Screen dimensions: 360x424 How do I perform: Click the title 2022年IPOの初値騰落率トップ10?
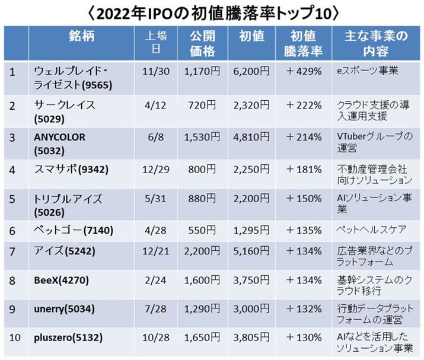pyautogui.click(x=212, y=12)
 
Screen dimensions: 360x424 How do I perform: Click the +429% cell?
pyautogui.click(x=304, y=71)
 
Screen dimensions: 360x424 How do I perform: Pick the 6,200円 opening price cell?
pyautogui.click(x=251, y=71)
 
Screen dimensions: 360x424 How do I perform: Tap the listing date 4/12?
pyautogui.click(x=155, y=105)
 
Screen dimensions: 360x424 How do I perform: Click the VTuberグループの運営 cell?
pyautogui.click(x=374, y=143)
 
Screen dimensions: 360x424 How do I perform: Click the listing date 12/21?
pyautogui.click(x=155, y=253)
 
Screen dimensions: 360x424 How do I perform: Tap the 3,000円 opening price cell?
pyautogui.click(x=251, y=309)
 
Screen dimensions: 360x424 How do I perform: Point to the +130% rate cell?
pyautogui.click(x=304, y=338)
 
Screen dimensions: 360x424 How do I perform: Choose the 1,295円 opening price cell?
pyautogui.click(x=251, y=228)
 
